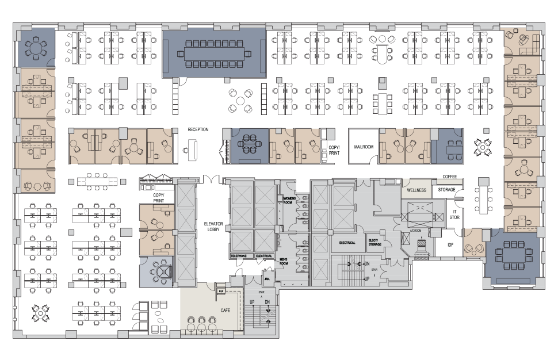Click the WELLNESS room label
click(416, 190)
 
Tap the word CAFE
click(226, 311)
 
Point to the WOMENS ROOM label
click(289, 200)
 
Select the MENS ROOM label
click(284, 261)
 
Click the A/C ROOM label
click(416, 230)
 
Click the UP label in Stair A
click(251, 301)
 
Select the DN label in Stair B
click(366, 264)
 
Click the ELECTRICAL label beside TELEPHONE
click(264, 255)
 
